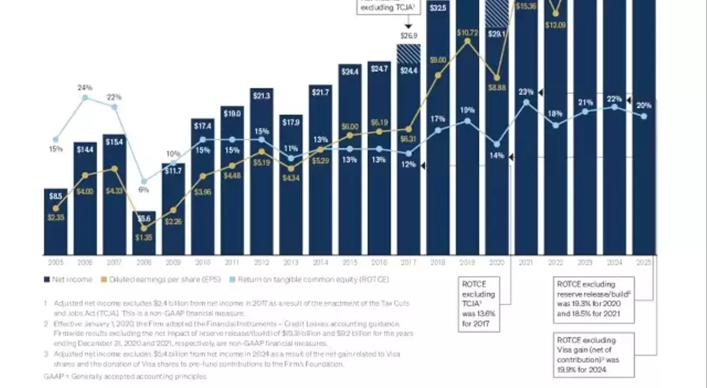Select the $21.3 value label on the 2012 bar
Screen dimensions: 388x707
pos(261,96)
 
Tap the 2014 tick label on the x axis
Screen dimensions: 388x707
pos(320,263)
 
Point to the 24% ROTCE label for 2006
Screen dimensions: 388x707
pos(85,87)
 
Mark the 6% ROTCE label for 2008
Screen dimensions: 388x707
pos(143,190)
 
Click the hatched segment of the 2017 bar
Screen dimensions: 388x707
pos(409,53)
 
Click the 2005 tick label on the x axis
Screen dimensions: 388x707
pos(55,263)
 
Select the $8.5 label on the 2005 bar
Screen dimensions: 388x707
pos(56,196)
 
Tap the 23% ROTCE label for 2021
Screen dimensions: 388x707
pos(526,92)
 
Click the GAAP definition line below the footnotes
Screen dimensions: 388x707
pos(125,376)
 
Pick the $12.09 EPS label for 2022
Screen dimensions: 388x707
pos(555,25)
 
